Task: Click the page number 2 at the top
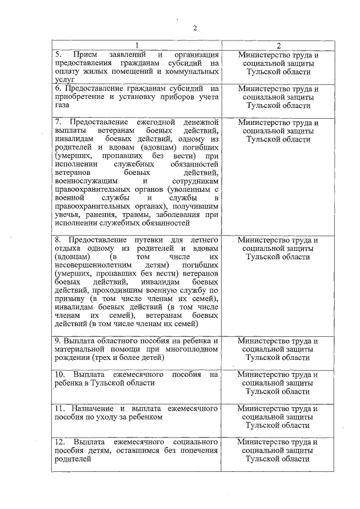pyautogui.click(x=195, y=29)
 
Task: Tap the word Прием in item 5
pyautogui.click(x=84, y=55)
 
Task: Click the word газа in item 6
pyautogui.click(x=62, y=106)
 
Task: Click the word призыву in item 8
pyautogui.click(x=70, y=299)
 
